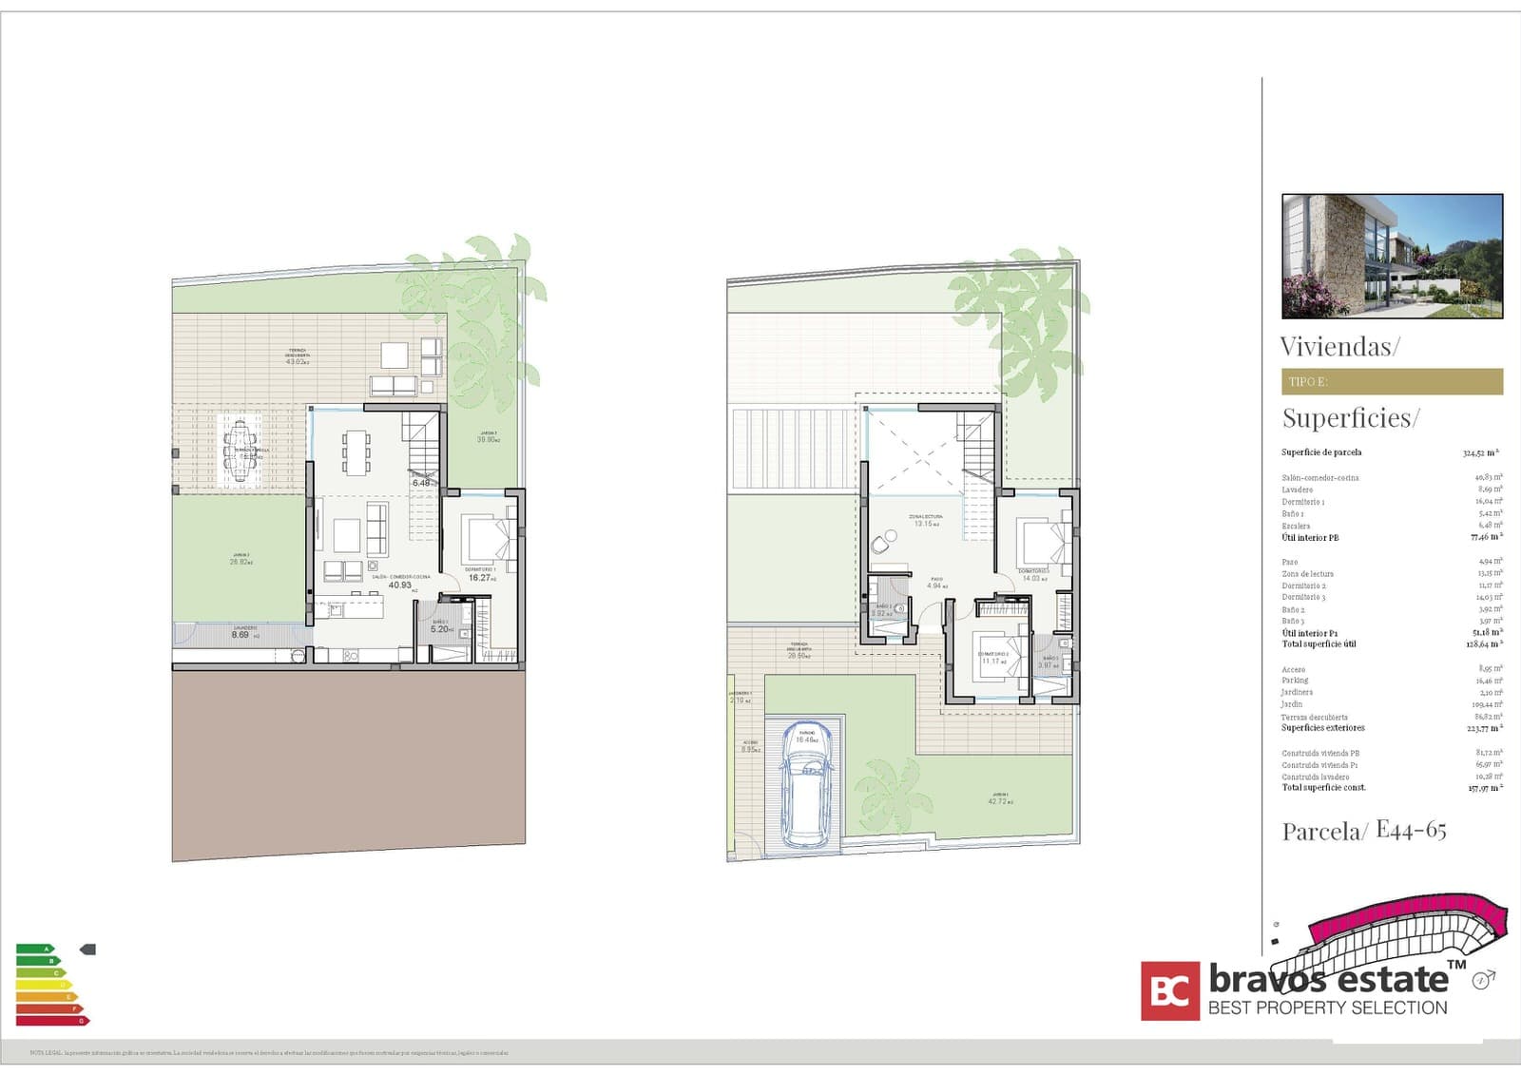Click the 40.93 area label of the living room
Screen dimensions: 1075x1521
point(400,585)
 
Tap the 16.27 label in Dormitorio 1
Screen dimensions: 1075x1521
point(480,578)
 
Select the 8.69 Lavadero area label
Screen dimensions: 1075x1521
point(241,634)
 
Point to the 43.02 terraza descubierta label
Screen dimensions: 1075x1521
point(297,361)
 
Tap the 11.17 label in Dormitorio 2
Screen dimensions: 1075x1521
point(991,661)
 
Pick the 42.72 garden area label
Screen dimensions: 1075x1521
point(997,801)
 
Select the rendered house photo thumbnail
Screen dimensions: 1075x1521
point(1392,256)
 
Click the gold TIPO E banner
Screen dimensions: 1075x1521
point(1392,381)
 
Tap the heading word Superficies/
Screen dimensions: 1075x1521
point(1350,418)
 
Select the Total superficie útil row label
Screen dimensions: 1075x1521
point(1319,644)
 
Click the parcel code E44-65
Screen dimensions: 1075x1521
point(1411,831)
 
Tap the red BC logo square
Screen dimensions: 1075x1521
point(1170,991)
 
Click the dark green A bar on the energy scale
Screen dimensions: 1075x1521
point(34,949)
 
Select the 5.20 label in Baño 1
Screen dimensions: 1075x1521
point(441,629)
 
